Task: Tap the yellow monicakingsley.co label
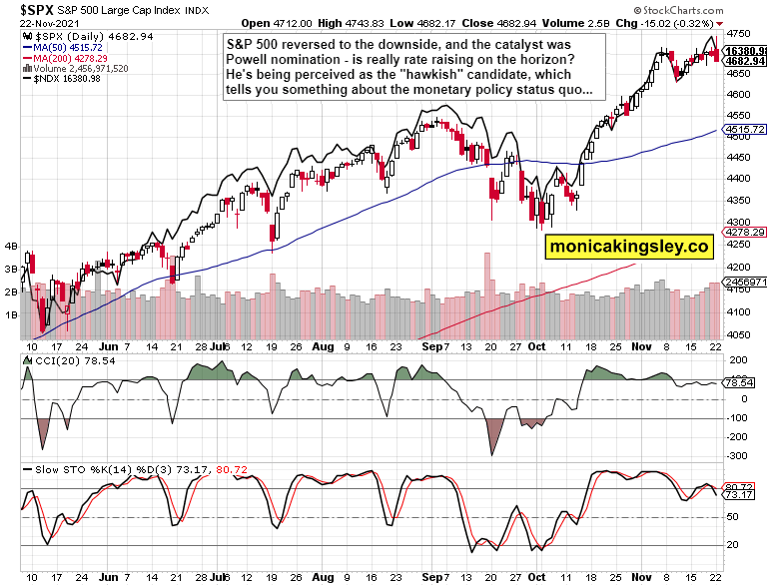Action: pos(628,245)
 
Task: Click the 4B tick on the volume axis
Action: pos(12,245)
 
